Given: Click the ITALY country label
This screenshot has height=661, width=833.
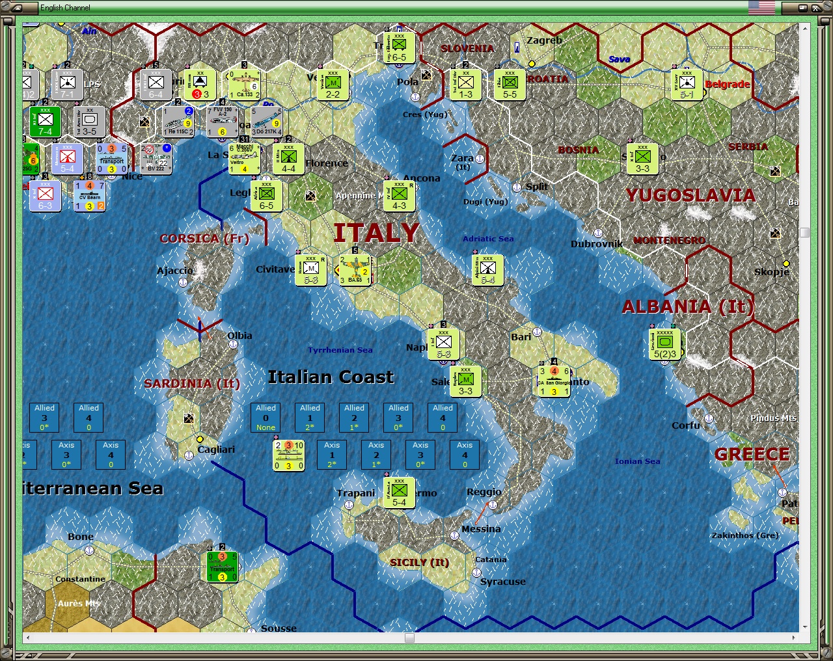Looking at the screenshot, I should click(x=376, y=233).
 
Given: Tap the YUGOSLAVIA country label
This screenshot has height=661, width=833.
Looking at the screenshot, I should click(x=690, y=195).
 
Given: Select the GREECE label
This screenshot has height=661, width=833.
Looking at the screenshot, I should click(x=752, y=454).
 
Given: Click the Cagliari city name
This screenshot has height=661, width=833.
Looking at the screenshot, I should click(x=216, y=450).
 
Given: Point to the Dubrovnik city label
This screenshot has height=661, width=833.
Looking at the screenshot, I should click(x=596, y=244).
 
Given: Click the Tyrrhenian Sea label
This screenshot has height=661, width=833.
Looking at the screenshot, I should click(x=340, y=350).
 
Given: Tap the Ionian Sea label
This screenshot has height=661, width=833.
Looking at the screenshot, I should click(x=637, y=461).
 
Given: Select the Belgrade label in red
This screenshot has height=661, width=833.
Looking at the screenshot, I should click(x=727, y=85).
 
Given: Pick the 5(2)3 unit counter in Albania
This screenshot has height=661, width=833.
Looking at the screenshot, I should click(x=665, y=345).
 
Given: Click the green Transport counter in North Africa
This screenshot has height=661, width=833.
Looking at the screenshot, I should click(x=222, y=567).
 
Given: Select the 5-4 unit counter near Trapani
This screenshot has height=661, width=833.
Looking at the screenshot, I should click(x=399, y=493).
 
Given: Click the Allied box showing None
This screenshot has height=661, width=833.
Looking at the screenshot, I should click(x=266, y=417).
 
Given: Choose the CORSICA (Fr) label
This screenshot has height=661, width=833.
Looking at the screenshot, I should click(x=204, y=239).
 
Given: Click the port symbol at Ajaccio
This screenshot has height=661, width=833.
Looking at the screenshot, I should click(x=184, y=282).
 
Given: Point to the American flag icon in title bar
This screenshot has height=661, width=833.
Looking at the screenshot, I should click(x=761, y=7).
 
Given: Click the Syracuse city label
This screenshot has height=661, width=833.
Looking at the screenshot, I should click(x=502, y=582).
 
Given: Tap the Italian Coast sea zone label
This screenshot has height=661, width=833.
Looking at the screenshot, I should click(x=331, y=377).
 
